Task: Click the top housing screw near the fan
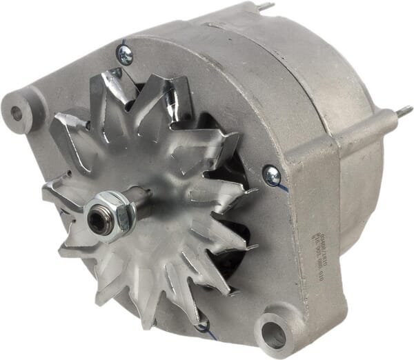point(126,54)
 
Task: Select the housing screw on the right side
point(272,174)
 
